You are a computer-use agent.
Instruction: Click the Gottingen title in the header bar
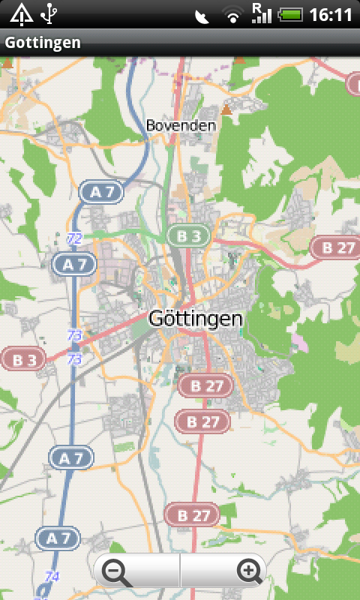pos(42,43)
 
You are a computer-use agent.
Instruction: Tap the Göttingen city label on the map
pos(196,319)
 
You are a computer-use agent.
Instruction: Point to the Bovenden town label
pos(181,125)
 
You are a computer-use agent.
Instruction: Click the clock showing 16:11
pos(330,15)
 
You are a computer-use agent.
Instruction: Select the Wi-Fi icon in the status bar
pos(233,15)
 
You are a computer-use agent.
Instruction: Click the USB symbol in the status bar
pos(49,13)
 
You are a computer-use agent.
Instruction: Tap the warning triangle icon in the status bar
pos(21,14)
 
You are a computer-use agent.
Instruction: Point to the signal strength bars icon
pos(261,13)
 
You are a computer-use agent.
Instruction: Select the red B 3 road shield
pos(22,359)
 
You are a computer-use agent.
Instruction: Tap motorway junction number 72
pos(74,238)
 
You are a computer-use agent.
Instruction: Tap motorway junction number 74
pos(52,576)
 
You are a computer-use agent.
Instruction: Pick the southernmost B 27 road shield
pos(191,515)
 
